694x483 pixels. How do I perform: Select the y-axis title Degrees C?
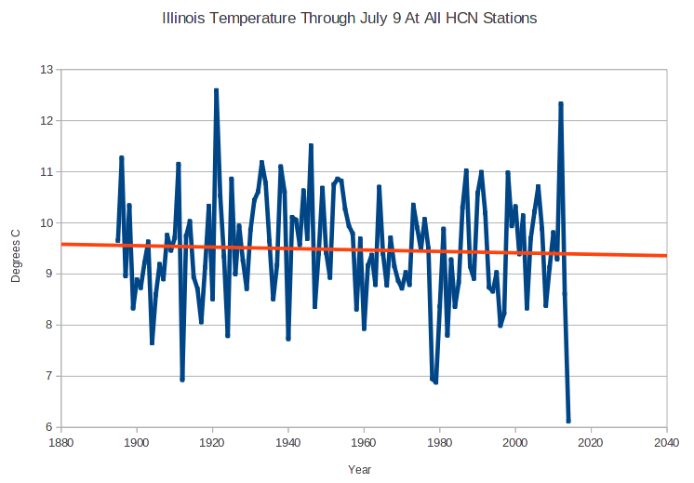pyautogui.click(x=14, y=248)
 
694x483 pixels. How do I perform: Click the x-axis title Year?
pyautogui.click(x=360, y=469)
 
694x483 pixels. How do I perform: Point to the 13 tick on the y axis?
pyautogui.click(x=46, y=70)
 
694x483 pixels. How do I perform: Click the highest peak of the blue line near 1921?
pyautogui.click(x=216, y=90)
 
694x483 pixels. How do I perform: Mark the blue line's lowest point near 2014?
pyautogui.click(x=568, y=422)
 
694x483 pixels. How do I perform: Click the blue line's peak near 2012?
pyautogui.click(x=561, y=103)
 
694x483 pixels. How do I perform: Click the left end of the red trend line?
pyautogui.click(x=62, y=244)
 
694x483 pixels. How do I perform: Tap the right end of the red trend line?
pyautogui.click(x=666, y=255)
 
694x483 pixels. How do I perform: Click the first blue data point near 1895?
pyautogui.click(x=118, y=241)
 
